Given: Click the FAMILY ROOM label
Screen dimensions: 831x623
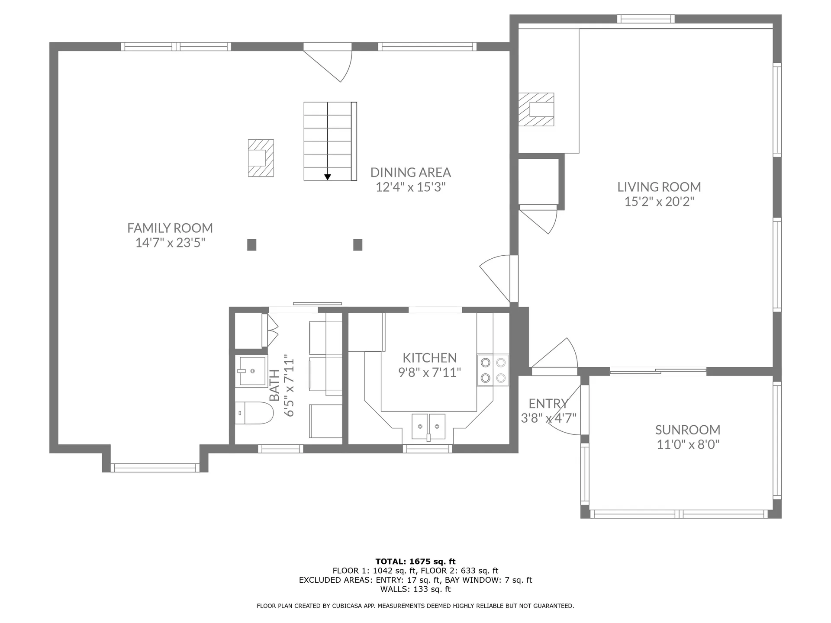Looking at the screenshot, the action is coord(170,228).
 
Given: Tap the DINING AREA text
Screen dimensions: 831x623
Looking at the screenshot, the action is coord(411,173).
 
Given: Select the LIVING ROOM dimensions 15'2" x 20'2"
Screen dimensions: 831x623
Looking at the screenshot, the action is coord(659,202).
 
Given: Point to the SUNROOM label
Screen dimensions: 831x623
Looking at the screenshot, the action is coord(688,430).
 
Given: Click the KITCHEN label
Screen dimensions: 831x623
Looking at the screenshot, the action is coord(429,358).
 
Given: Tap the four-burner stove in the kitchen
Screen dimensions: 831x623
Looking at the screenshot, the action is coord(493,370).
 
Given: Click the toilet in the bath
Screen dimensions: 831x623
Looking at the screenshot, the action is coord(254,413).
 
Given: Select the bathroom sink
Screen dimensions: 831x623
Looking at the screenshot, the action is coord(251,371).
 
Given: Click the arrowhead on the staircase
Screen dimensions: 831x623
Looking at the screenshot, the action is coord(328,177).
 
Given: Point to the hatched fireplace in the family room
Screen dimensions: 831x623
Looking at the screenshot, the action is coord(261,158).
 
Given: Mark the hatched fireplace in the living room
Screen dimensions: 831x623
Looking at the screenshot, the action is coord(536,109).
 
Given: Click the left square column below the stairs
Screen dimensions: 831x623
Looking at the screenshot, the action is coord(251,245).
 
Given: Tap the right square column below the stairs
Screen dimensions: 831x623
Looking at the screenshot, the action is coord(358,245).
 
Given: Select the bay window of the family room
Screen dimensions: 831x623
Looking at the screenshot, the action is coord(155,468).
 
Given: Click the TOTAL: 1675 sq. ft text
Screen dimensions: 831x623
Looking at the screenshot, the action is coord(415,562).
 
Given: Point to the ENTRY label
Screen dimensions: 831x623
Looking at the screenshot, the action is coord(548,404).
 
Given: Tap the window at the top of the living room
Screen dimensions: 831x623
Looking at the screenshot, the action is coord(646,19).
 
